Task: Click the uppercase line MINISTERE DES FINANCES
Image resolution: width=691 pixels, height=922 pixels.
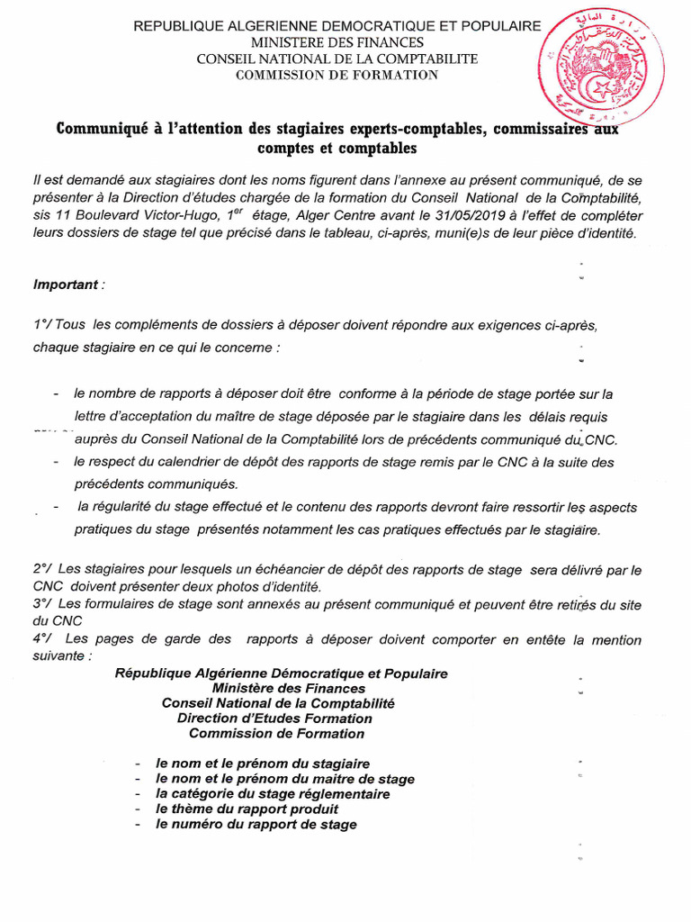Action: pos(337,42)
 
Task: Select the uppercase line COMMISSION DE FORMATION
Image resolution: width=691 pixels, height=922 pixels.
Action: pos(337,75)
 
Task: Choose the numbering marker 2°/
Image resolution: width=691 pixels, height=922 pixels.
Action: pos(42,570)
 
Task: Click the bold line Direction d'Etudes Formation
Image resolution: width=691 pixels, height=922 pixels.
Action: pos(274,719)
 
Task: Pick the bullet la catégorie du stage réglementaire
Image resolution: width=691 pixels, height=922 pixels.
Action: pos(273,794)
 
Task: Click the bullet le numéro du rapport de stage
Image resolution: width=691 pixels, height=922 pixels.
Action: pos(256,825)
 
